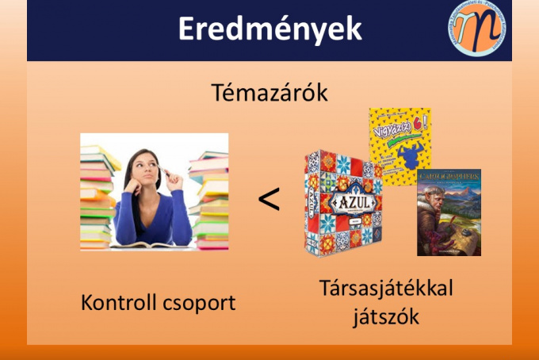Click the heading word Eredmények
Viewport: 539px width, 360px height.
(x=269, y=29)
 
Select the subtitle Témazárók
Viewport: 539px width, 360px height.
(x=269, y=93)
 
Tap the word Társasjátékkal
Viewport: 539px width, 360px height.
(x=386, y=289)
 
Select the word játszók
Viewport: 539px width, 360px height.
(x=386, y=317)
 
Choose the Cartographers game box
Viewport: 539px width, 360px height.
(x=449, y=212)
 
